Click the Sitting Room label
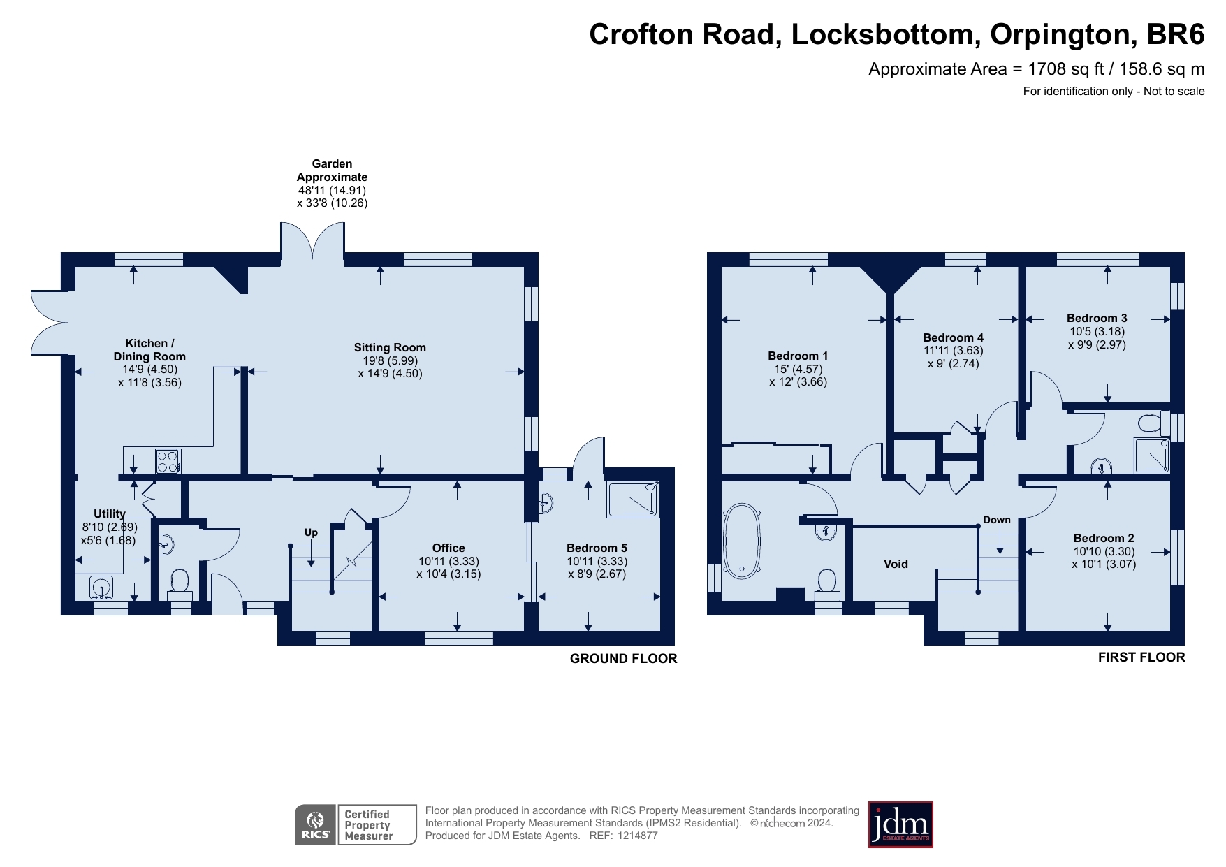(390, 347)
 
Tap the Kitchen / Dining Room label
(149, 349)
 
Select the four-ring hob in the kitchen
(168, 461)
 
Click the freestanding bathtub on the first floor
(742, 541)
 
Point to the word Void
(896, 564)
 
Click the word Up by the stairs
(311, 532)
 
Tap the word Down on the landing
(997, 520)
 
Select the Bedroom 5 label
(597, 548)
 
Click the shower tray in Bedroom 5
(633, 500)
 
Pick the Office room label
(448, 548)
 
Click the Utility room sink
(101, 587)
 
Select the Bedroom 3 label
(1097, 318)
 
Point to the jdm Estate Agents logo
(900, 824)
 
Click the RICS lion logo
(316, 825)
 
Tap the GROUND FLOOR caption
(623, 658)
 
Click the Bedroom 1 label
(798, 356)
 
